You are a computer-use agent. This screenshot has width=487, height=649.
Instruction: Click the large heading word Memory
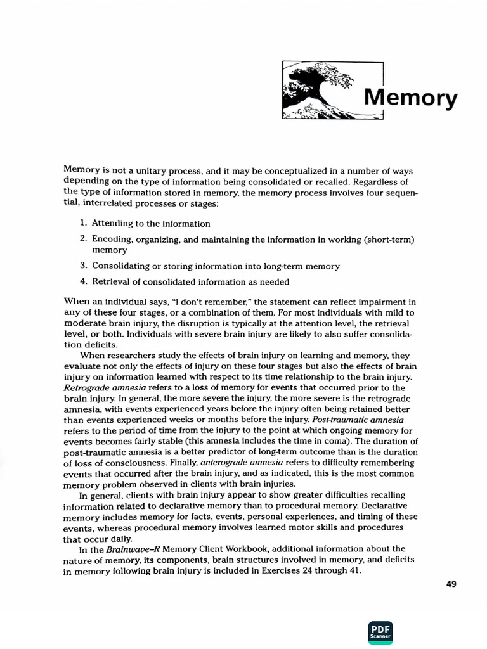coord(410,99)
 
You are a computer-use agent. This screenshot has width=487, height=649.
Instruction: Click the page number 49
coord(451,584)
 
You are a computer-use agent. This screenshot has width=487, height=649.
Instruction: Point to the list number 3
coord(83,266)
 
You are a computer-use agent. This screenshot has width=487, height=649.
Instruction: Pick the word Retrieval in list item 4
coord(112,282)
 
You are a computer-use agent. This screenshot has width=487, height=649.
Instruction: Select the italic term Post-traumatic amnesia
coord(363,420)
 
